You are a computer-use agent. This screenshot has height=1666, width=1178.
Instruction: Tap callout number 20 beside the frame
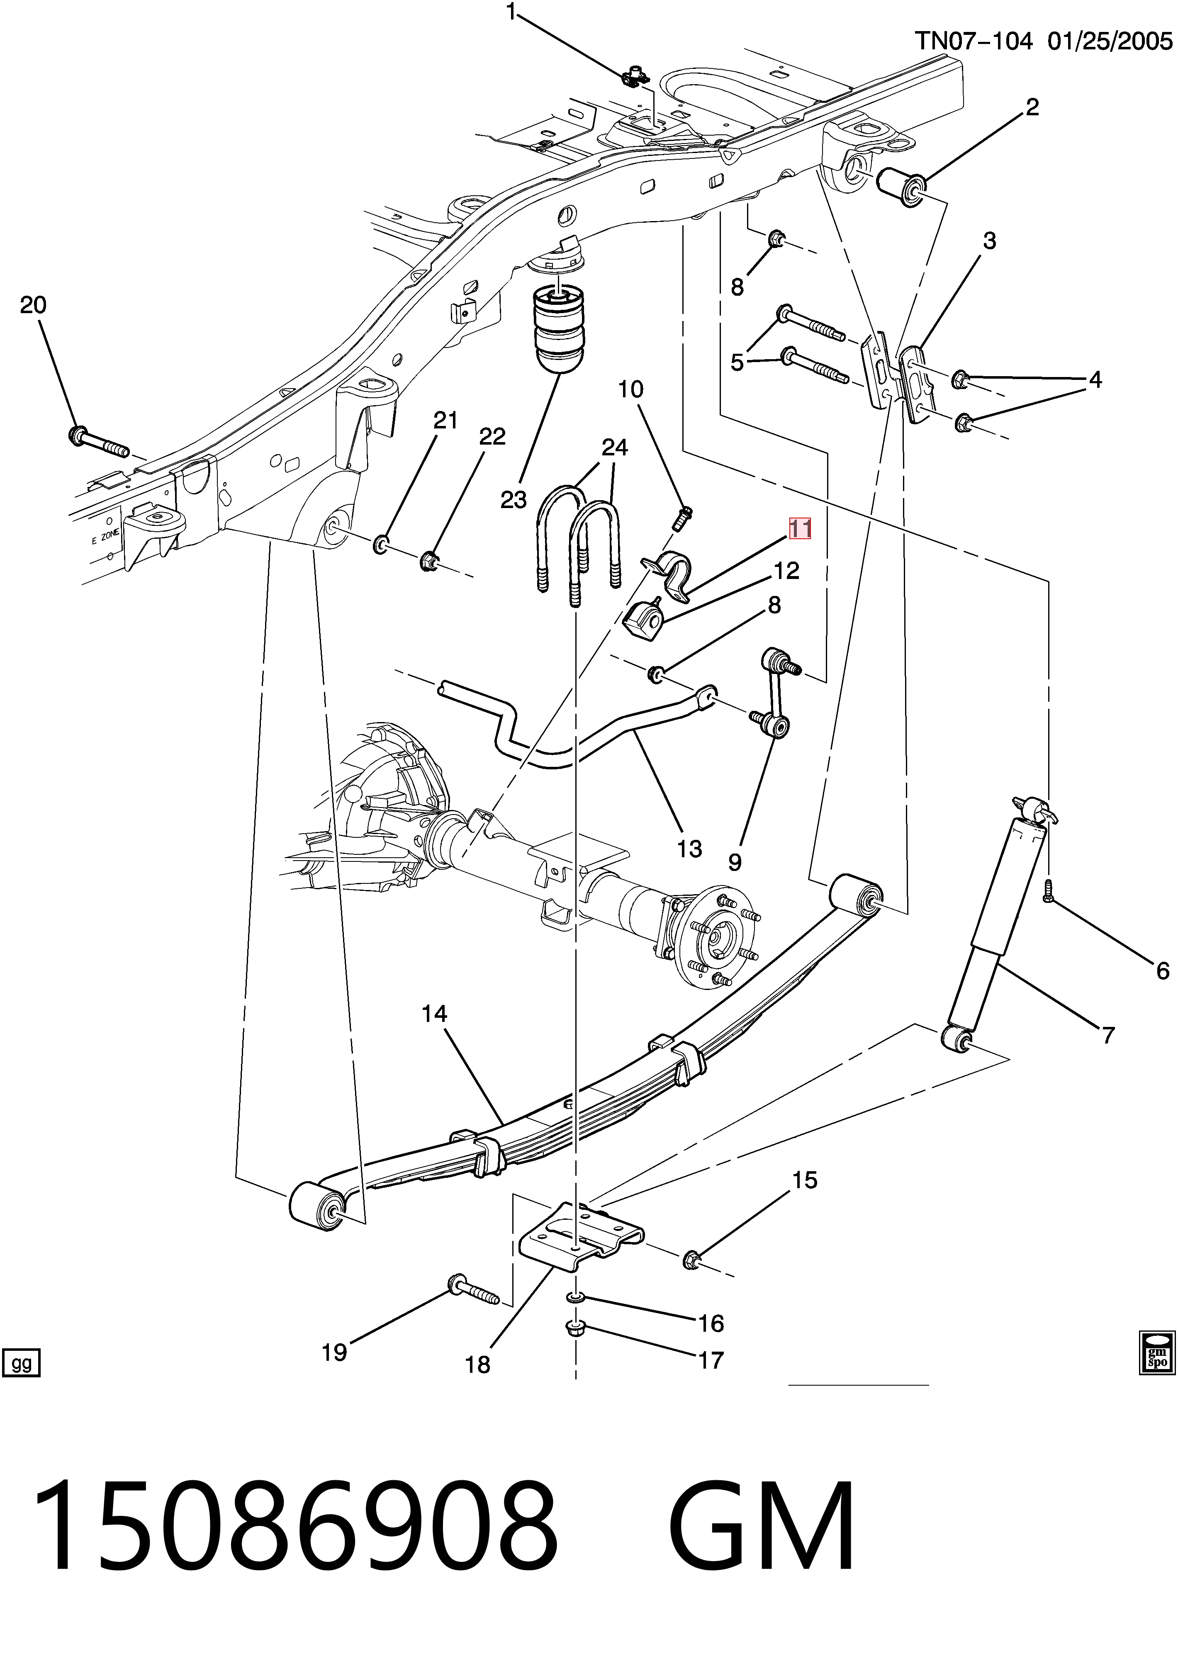point(33,305)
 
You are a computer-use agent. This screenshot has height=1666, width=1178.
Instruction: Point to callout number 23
point(513,499)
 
